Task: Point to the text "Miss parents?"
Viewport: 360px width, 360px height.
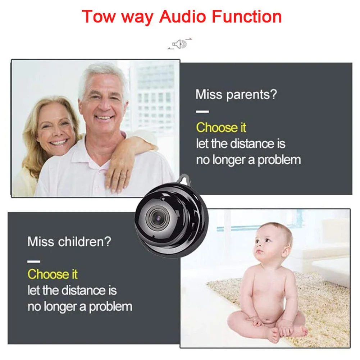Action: point(236,95)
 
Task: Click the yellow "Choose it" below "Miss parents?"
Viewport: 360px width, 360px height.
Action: point(221,127)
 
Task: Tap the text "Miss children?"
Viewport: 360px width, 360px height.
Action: point(69,241)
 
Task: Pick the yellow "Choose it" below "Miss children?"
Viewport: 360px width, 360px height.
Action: point(53,274)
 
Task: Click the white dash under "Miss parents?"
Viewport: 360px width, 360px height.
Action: point(202,111)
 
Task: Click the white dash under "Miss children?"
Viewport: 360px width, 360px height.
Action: point(34,261)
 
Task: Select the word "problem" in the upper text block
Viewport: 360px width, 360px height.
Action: point(279,159)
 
